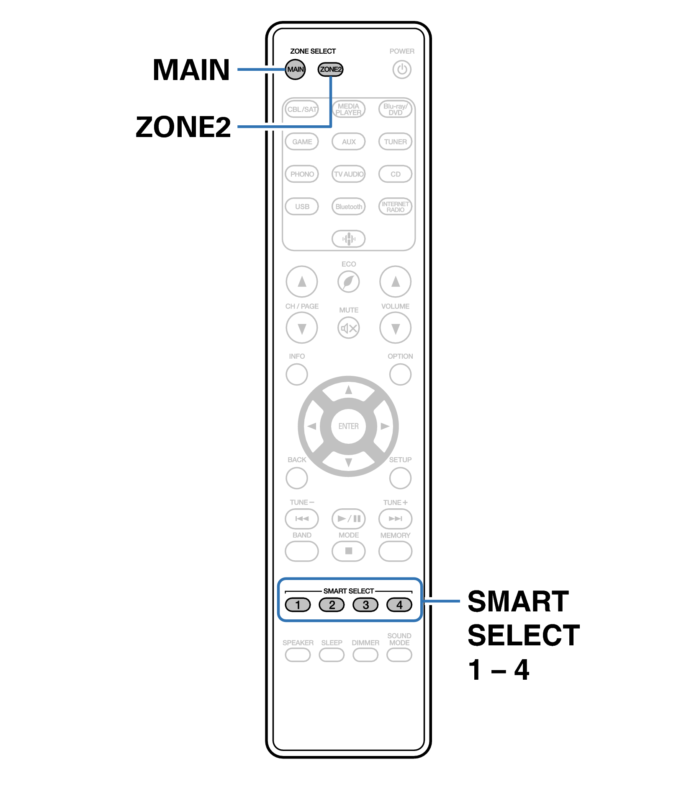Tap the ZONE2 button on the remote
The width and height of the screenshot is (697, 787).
330,69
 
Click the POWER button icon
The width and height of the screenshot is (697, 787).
402,69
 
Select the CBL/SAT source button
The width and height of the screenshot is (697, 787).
302,109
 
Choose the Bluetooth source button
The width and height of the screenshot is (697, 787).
348,207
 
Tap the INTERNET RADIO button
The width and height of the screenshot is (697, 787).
395,207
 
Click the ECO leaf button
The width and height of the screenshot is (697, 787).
348,282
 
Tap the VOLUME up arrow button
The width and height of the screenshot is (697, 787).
395,282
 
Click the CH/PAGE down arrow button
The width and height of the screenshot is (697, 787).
302,328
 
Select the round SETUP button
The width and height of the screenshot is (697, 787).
400,478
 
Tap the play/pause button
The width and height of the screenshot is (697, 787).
348,519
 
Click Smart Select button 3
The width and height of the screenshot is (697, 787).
365,605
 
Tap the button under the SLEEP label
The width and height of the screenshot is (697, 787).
332,655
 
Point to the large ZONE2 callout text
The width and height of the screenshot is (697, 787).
183,127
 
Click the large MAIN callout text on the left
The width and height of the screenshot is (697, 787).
191,70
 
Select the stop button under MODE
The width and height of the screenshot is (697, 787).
348,551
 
